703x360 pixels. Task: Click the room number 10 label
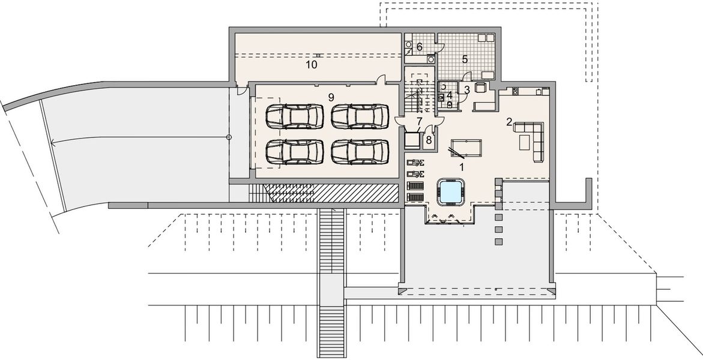[x=310, y=64]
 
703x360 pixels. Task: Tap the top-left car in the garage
[x=292, y=116]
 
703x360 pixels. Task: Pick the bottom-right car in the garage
[x=359, y=151]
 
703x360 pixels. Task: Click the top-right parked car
[x=359, y=116]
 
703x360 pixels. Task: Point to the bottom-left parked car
[x=292, y=151]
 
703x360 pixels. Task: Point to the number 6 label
[x=419, y=46]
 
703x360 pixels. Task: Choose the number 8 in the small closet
[x=428, y=140]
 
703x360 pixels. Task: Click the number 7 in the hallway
[x=420, y=122]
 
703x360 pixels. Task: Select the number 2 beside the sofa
[x=509, y=122]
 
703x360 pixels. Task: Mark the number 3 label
[x=466, y=90]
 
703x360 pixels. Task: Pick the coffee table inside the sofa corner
[x=523, y=142]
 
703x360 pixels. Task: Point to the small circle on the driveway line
[x=229, y=138]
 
